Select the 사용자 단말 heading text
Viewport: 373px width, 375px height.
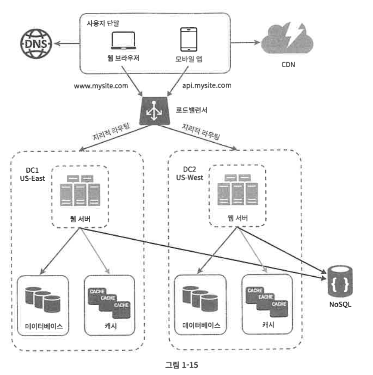(103, 22)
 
